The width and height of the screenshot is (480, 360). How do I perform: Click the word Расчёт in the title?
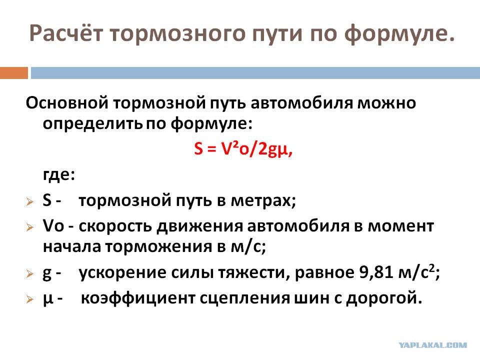click(66, 33)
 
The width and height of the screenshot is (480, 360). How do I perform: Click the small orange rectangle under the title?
click(14, 73)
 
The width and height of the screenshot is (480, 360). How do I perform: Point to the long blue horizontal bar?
click(255, 73)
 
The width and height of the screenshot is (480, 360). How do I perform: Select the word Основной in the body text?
click(67, 103)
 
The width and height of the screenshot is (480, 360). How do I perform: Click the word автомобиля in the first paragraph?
click(302, 103)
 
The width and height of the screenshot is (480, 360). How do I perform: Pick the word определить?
click(93, 123)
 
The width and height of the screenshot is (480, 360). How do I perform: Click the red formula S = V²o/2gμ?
click(243, 149)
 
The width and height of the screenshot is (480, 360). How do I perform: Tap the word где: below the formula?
click(59, 175)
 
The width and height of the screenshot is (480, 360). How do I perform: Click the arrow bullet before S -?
click(29, 201)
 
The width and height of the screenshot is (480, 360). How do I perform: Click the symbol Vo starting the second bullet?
click(53, 226)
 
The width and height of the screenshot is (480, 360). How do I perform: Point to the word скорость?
click(115, 226)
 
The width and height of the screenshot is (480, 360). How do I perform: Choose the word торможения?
click(159, 246)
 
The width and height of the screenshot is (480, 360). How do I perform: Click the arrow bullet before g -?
click(29, 273)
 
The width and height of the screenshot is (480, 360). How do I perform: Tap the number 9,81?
click(376, 272)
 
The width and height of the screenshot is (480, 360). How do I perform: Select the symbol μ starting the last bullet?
click(48, 299)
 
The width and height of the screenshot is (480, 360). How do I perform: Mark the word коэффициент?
click(138, 298)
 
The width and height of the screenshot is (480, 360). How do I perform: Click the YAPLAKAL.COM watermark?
click(432, 345)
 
